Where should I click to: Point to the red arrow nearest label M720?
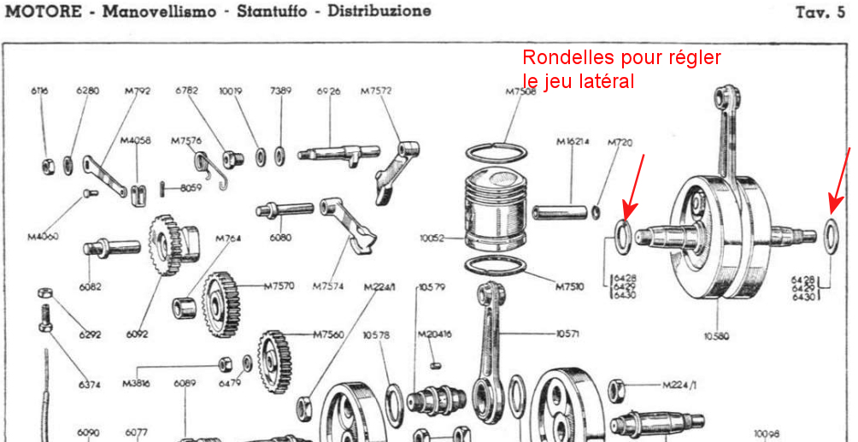[x=636, y=185]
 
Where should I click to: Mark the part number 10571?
[x=568, y=333]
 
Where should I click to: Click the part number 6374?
[x=89, y=385]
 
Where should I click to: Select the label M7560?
[x=329, y=334]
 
